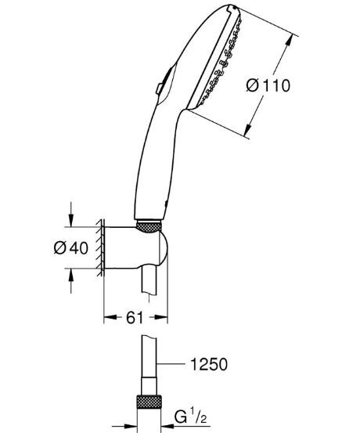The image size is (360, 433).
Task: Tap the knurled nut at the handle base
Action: click(x=148, y=227)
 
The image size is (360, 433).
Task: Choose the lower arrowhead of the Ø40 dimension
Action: click(x=72, y=273)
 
